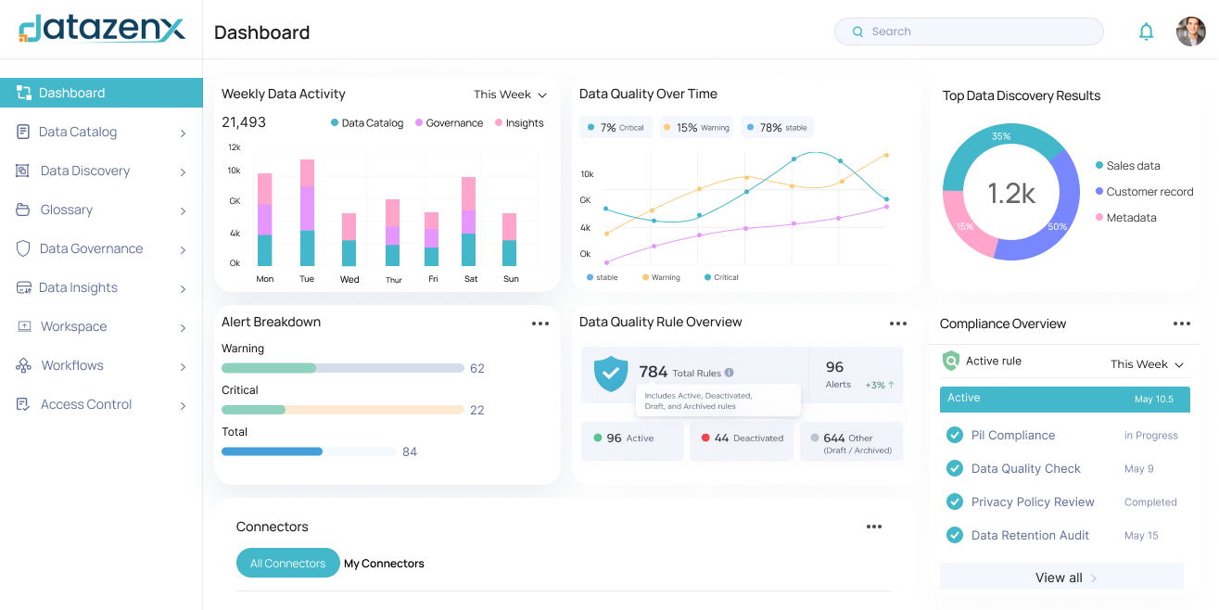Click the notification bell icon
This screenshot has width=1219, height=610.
1146,32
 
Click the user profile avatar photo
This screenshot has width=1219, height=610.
1190,32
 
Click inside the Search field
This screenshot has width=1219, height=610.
969,32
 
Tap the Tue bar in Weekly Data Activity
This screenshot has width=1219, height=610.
307,212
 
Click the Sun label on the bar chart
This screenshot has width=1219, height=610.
511,279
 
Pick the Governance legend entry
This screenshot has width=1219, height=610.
449,123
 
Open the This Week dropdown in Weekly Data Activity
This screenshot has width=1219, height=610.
510,95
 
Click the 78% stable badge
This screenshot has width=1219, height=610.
777,127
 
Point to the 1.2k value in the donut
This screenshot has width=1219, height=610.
1011,193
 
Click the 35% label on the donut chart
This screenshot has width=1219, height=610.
1001,136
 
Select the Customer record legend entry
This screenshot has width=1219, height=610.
1145,192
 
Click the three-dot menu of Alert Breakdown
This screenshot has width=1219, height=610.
540,324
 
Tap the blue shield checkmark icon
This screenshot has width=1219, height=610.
611,374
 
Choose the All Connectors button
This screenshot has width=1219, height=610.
288,564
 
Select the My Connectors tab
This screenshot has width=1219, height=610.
384,564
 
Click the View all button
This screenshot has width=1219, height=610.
1061,577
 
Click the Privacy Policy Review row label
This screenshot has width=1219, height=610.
1033,502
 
